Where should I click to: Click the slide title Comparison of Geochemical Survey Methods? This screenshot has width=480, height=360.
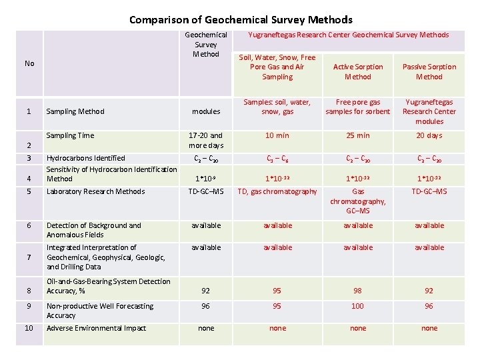click(241, 20)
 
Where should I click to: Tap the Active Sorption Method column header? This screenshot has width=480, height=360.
click(358, 72)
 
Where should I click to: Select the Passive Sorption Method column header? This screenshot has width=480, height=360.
click(429, 72)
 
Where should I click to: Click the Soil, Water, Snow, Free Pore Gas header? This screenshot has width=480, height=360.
click(277, 67)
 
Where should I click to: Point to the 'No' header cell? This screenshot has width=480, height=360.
click(29, 63)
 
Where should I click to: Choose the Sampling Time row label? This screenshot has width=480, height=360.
click(71, 135)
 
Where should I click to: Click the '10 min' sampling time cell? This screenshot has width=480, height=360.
click(277, 135)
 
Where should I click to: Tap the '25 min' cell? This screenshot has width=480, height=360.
click(358, 135)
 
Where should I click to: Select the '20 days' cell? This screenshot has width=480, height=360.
click(429, 135)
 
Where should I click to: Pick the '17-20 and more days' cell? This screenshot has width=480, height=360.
click(206, 140)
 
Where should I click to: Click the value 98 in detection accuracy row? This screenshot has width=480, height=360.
click(358, 291)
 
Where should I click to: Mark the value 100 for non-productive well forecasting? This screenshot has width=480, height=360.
click(358, 307)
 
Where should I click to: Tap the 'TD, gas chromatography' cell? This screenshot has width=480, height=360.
click(277, 192)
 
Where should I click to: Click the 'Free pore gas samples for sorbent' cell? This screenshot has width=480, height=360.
click(358, 107)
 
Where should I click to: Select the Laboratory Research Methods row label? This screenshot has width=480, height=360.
click(95, 192)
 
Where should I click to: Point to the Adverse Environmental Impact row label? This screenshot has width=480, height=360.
click(96, 328)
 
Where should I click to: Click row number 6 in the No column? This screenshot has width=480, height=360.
click(29, 225)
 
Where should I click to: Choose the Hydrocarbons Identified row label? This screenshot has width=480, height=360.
click(86, 158)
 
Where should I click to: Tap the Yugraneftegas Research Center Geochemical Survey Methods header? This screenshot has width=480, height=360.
click(349, 35)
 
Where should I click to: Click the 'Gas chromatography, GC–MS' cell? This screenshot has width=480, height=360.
click(358, 201)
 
